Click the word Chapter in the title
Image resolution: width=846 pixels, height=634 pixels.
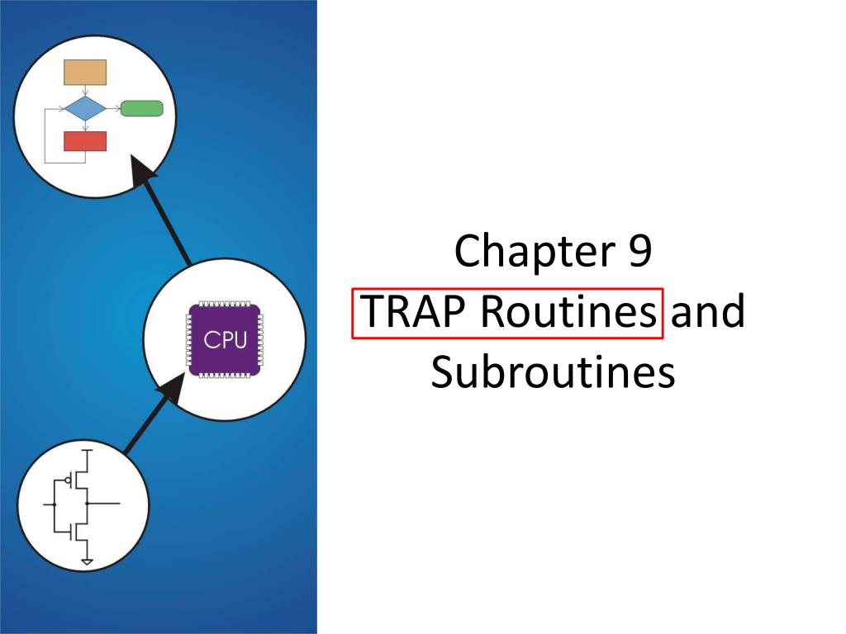(x=535, y=251)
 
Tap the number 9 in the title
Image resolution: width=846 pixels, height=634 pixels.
(x=640, y=250)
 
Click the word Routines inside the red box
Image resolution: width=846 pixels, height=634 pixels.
(x=568, y=311)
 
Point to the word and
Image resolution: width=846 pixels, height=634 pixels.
(x=708, y=311)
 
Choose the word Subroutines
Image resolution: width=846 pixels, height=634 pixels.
(x=553, y=372)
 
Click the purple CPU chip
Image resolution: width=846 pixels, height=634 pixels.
(x=225, y=339)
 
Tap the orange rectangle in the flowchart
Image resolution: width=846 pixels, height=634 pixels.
(x=85, y=73)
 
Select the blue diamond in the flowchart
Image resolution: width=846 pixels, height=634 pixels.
(x=85, y=108)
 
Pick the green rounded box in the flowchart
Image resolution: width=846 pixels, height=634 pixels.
(x=141, y=108)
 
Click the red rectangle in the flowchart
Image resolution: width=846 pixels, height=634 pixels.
(x=85, y=141)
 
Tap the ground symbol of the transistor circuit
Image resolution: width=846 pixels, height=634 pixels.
(x=87, y=562)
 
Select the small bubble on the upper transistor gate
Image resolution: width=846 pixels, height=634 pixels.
(x=68, y=480)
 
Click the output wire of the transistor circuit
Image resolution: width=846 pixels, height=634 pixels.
(x=103, y=504)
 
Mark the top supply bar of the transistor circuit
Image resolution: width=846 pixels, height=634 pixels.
(x=87, y=450)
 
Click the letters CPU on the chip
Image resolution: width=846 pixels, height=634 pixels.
(x=225, y=339)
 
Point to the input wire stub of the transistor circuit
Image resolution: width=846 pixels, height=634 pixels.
(x=49, y=504)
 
